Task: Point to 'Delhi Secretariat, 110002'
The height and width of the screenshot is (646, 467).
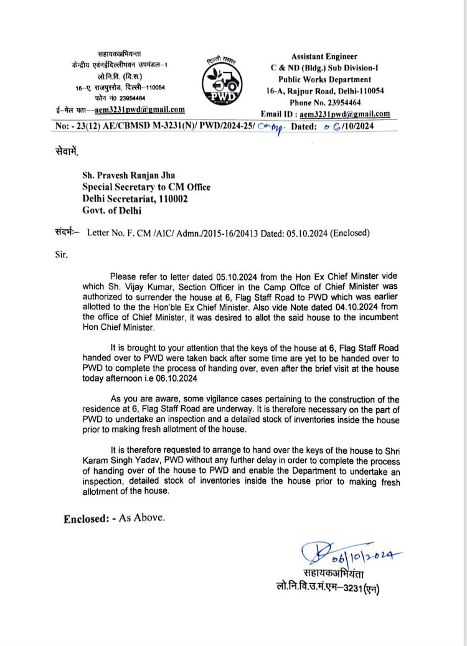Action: (x=136, y=199)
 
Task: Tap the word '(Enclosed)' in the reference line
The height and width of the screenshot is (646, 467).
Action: (x=350, y=233)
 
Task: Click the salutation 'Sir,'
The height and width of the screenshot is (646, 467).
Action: (x=60, y=255)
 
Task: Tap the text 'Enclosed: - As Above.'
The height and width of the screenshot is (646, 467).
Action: (x=115, y=518)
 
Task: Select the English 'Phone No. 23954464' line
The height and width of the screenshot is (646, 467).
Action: (x=324, y=102)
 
